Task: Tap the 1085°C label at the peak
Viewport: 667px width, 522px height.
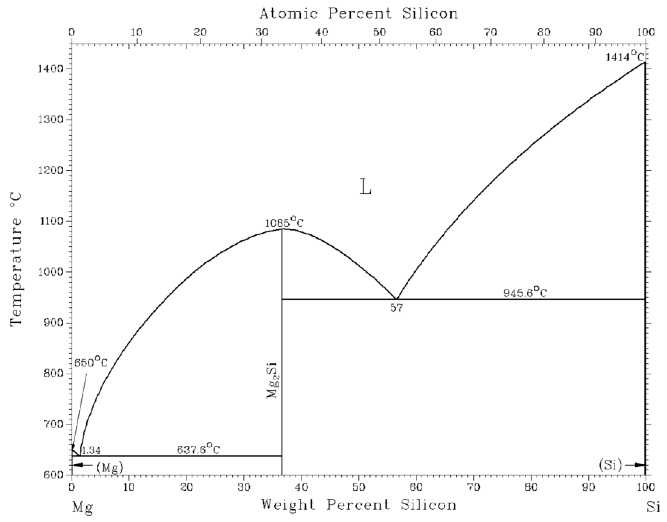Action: pos(284,222)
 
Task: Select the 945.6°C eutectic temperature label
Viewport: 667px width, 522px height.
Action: pos(525,293)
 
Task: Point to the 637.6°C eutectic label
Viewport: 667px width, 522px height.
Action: pos(198,449)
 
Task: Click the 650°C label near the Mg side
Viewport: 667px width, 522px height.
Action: pos(91,363)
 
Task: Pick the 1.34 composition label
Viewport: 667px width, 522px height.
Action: pos(91,450)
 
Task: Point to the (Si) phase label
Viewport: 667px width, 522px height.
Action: pos(610,465)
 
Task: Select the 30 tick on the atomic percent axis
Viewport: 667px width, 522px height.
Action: pos(262,32)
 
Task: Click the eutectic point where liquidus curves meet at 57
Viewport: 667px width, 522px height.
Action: pos(396,299)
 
